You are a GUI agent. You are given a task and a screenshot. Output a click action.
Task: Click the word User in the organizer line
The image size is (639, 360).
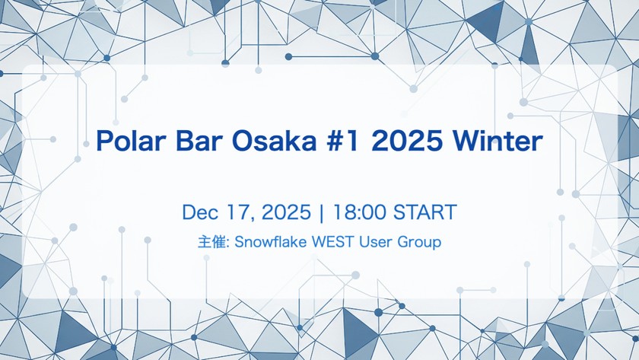coord(376,243)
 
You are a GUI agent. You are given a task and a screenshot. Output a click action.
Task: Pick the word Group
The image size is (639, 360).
coord(420,243)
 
